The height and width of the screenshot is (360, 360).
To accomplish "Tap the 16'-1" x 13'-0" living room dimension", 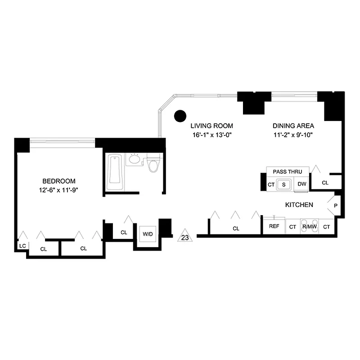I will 211,135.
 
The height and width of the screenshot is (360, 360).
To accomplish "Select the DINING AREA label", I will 293,126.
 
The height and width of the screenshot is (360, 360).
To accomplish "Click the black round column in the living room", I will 180,116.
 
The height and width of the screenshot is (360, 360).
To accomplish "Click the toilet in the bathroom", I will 153,162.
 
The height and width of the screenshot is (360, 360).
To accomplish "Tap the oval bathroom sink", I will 134,159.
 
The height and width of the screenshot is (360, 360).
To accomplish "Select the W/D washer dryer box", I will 147,234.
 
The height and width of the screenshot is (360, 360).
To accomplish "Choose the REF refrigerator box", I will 274,226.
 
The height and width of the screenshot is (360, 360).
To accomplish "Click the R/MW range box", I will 309,227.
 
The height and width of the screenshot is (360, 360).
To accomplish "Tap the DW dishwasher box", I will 301,184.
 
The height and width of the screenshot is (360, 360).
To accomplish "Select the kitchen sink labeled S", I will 283,184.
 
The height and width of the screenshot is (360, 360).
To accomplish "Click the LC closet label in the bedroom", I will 22,246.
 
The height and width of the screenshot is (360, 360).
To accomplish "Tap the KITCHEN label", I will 299,205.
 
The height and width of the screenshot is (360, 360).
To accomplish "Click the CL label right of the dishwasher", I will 325,183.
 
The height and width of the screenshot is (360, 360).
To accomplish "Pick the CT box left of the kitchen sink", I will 271,184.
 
